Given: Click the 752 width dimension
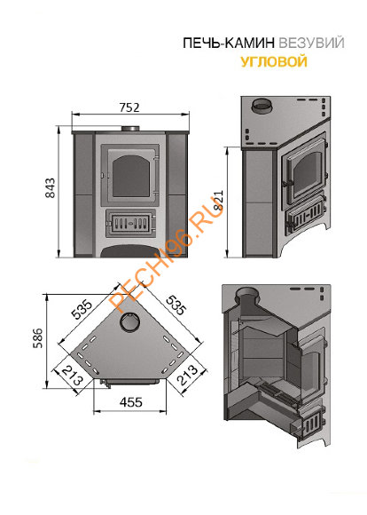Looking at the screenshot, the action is [x=129, y=107].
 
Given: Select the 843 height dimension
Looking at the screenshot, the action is [x=51, y=188].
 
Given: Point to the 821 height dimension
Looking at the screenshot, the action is [x=218, y=201].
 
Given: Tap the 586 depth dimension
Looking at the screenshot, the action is [x=37, y=338].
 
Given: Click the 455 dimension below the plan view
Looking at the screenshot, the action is [x=131, y=402].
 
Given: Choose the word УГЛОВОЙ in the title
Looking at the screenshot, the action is [x=274, y=61].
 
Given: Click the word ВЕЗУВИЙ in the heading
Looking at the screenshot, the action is [x=311, y=43].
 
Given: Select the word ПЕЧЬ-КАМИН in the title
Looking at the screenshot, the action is [x=229, y=43].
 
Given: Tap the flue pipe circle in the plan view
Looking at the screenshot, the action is [x=130, y=321].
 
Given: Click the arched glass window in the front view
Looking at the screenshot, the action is [x=130, y=176].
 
